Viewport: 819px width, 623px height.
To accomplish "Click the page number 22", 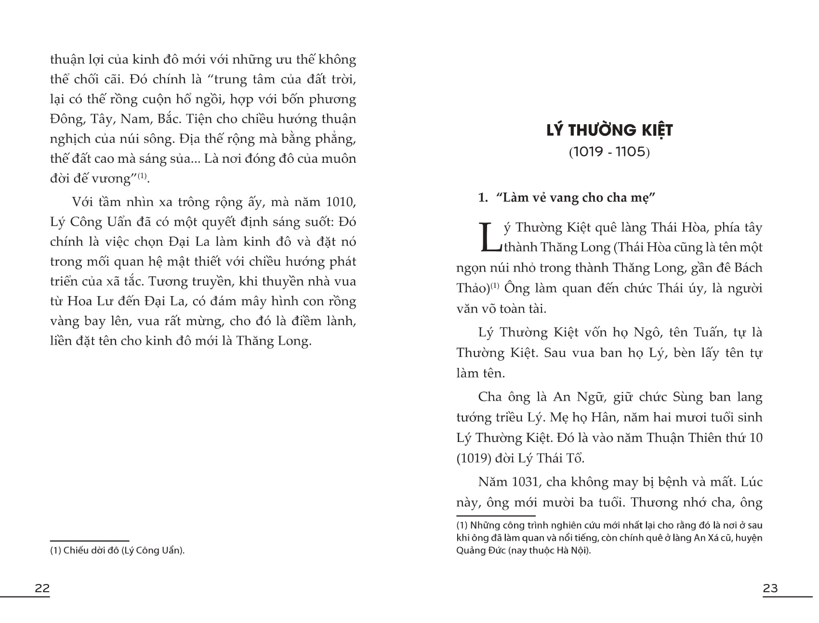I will (x=42, y=588).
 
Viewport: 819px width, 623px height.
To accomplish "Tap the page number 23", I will (x=770, y=588).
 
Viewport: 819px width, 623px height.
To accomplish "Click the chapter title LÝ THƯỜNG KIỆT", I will (x=609, y=130).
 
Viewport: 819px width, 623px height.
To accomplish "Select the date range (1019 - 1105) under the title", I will (x=609, y=152).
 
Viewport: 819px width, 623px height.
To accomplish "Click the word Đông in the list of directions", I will (x=66, y=119).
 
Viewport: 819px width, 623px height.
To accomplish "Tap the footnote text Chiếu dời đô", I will (x=93, y=550).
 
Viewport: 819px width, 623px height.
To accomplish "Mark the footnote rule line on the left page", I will (x=90, y=541).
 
